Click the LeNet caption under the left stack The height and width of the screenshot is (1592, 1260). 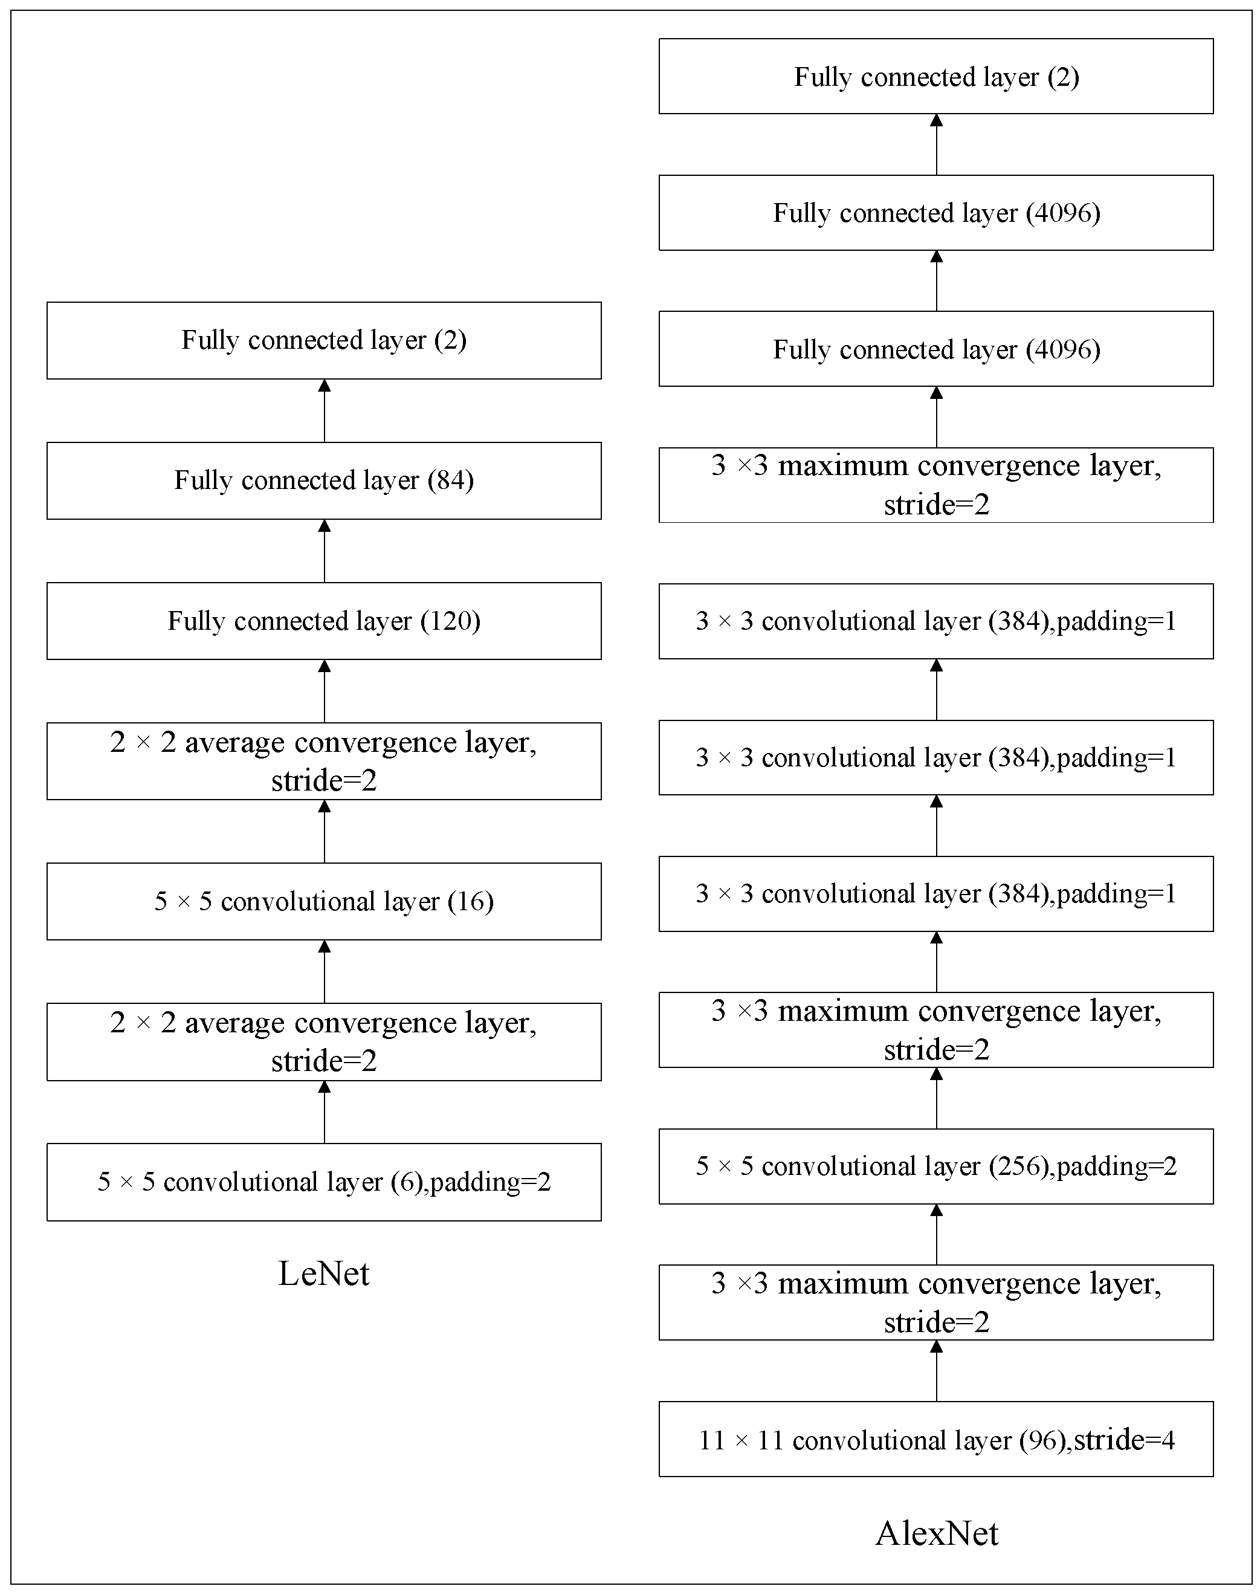[x=324, y=1274]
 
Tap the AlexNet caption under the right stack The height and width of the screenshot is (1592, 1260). [x=937, y=1534]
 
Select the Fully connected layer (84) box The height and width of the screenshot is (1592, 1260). [x=324, y=481]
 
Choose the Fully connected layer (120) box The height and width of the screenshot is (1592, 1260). [x=324, y=621]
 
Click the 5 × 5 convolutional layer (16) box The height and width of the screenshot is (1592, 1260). [x=324, y=902]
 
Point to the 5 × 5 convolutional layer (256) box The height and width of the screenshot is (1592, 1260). [x=936, y=1166]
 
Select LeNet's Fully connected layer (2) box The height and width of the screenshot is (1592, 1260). [x=324, y=341]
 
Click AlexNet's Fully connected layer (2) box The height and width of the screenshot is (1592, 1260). [x=936, y=76]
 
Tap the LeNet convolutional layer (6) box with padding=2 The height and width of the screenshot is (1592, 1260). [x=324, y=1182]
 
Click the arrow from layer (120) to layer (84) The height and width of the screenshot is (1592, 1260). [x=324, y=551]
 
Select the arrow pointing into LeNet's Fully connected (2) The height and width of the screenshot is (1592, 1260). [x=324, y=411]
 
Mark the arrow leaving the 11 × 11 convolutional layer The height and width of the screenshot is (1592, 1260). [x=937, y=1371]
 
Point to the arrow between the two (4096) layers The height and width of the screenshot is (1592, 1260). [x=937, y=280]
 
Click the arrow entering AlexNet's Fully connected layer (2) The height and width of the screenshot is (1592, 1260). [x=937, y=144]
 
